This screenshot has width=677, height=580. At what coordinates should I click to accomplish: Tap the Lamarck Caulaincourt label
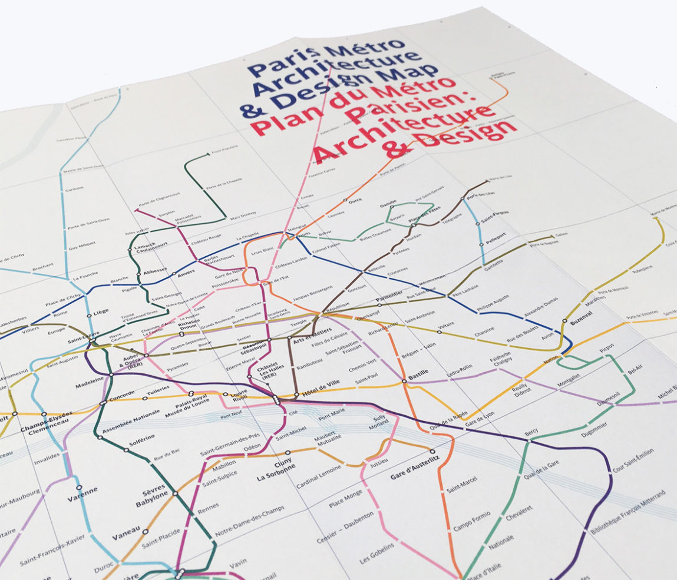coord(151,247)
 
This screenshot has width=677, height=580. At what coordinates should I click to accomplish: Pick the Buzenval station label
coord(580,316)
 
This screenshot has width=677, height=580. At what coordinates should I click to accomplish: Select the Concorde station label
coord(121,396)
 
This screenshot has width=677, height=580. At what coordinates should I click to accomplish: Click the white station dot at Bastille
coord(405,381)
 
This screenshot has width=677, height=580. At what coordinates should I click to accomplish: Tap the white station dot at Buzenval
coord(564,322)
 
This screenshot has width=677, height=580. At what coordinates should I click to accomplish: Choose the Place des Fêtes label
coord(424,214)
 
